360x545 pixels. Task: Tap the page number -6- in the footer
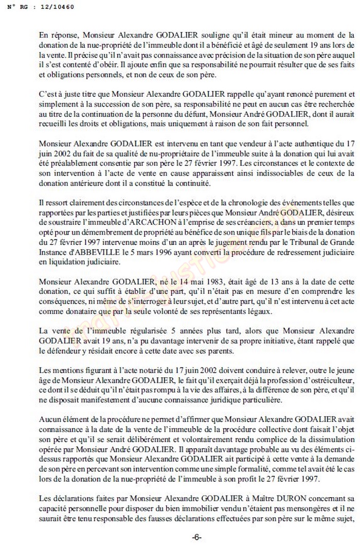tap(197, 537)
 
